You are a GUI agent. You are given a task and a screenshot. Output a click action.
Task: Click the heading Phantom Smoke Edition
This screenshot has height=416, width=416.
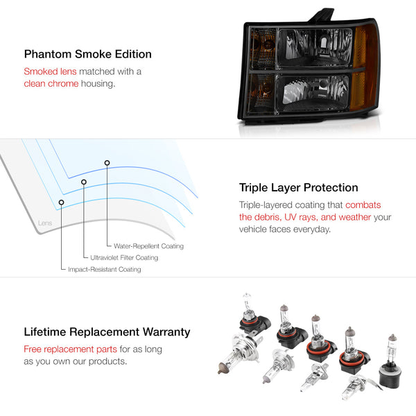click(88, 54)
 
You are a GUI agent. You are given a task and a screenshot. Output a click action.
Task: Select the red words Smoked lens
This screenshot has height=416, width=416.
click(50, 71)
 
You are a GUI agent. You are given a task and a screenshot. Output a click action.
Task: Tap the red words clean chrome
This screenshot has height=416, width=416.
click(51, 84)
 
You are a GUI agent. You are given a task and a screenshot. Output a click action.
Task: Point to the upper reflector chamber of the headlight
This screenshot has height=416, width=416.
click(315, 48)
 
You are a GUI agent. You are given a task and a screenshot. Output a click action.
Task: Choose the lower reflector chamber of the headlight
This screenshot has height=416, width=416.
click(313, 92)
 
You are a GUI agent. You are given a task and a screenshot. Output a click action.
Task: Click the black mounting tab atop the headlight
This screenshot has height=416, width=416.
click(322, 15)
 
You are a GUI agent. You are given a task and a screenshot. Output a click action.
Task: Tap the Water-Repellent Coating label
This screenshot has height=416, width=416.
click(148, 246)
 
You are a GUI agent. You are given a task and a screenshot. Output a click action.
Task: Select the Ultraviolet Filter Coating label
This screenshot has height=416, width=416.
click(124, 258)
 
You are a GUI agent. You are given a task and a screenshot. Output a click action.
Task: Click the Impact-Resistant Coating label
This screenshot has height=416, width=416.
click(105, 269)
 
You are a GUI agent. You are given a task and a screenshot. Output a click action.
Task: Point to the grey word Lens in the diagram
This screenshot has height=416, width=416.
click(45, 223)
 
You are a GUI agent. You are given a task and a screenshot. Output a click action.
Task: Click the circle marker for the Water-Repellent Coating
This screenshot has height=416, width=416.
click(107, 163)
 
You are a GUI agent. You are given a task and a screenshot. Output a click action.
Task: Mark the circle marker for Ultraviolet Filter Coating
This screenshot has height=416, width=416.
click(84, 182)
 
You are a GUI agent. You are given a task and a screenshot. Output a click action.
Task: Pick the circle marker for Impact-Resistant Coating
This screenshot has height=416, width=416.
click(61, 202)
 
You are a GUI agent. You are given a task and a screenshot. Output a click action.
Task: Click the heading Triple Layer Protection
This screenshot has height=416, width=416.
click(298, 188)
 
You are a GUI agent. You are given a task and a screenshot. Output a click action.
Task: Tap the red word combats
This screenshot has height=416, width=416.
click(363, 205)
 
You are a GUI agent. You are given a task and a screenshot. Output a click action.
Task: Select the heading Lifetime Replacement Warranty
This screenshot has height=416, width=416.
click(107, 332)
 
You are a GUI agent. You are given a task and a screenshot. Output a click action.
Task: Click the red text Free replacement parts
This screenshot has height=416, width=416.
click(70, 349)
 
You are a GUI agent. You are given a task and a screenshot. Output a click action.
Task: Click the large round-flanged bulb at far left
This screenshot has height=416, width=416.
click(239, 353)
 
